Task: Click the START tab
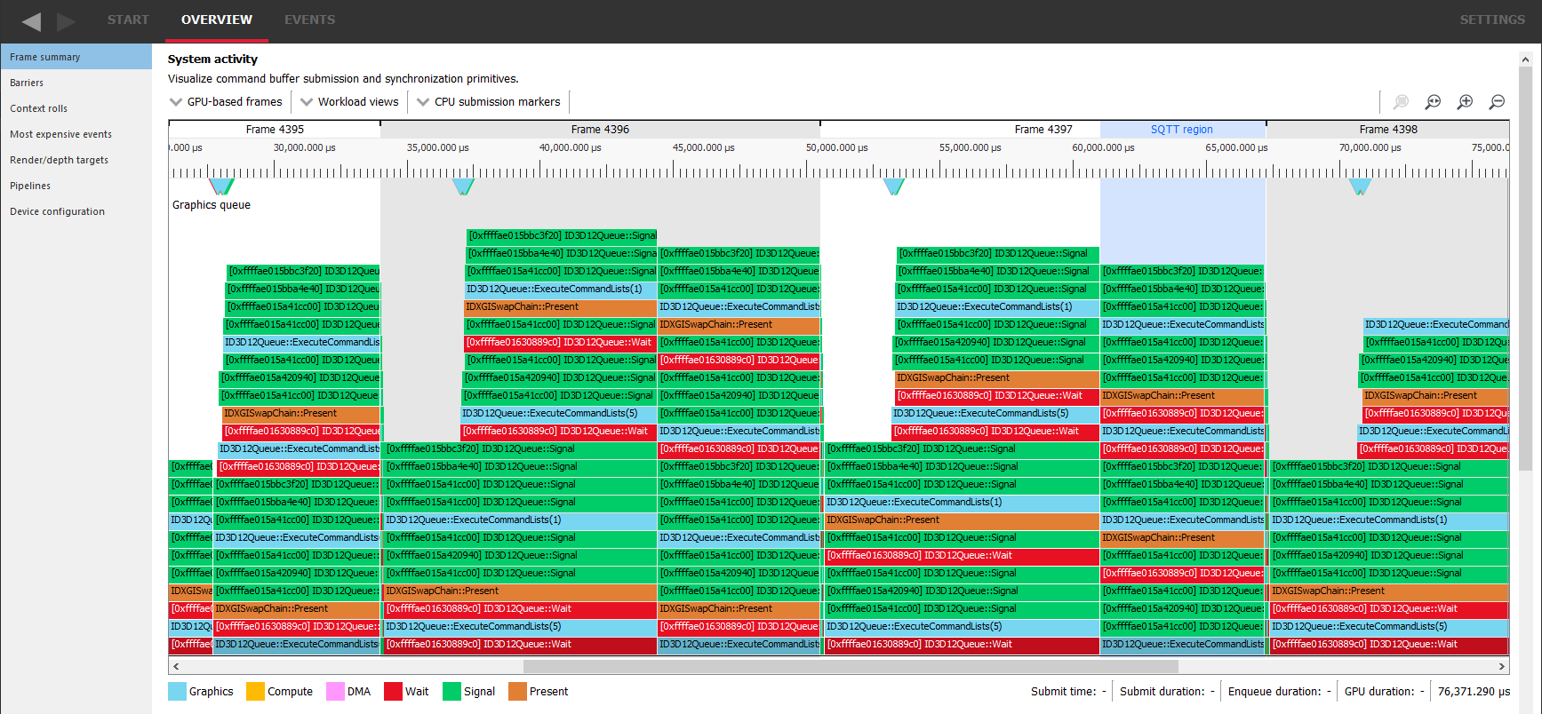click(128, 20)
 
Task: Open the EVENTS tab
click(309, 20)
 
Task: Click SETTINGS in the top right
click(1491, 20)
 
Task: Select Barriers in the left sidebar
click(27, 83)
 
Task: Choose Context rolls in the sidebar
click(38, 108)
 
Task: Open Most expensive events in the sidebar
click(60, 134)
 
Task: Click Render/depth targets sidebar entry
click(59, 160)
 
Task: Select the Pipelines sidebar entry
click(30, 186)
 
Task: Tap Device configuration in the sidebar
click(57, 211)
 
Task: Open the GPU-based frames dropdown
click(227, 102)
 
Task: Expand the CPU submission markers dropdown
click(489, 102)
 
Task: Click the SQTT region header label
click(1181, 130)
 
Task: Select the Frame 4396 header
click(600, 130)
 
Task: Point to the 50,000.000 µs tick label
click(836, 148)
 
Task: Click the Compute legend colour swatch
click(255, 691)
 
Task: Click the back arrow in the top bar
click(31, 21)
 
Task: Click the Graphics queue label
click(212, 205)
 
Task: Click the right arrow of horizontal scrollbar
click(1501, 666)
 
